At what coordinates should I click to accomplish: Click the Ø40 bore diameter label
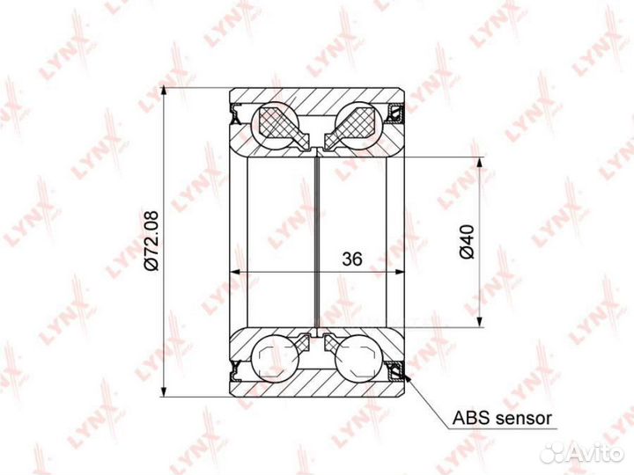coord(466,242)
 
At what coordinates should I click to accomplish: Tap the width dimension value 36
coord(351,259)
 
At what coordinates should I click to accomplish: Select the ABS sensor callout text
coord(502,418)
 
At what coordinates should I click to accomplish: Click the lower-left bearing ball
coord(275,358)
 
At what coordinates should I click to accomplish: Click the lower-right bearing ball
coord(359,358)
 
